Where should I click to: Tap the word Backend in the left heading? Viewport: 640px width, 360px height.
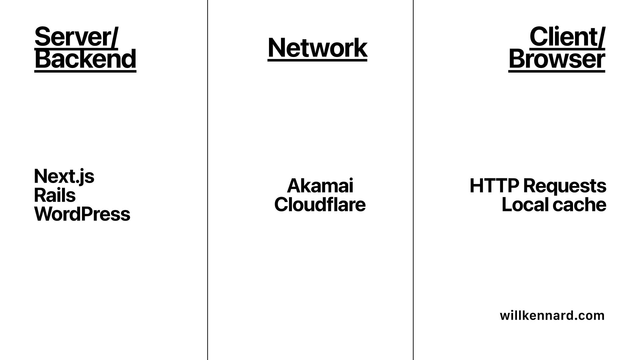pyautogui.click(x=85, y=59)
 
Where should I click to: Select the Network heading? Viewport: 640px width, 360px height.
pyautogui.click(x=317, y=48)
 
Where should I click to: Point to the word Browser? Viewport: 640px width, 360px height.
pyautogui.click(x=557, y=59)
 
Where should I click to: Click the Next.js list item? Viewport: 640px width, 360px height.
pyautogui.click(x=64, y=176)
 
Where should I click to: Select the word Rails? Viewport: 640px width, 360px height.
pyautogui.click(x=55, y=195)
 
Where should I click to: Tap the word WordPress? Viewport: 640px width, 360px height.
pyautogui.click(x=82, y=214)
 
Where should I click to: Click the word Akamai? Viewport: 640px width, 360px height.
pyautogui.click(x=320, y=186)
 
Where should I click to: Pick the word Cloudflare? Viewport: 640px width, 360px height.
pyautogui.click(x=320, y=205)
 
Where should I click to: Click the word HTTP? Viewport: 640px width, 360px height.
pyautogui.click(x=494, y=186)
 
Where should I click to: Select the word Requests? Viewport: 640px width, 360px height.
pyautogui.click(x=565, y=186)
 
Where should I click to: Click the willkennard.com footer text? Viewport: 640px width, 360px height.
pyautogui.click(x=552, y=315)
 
